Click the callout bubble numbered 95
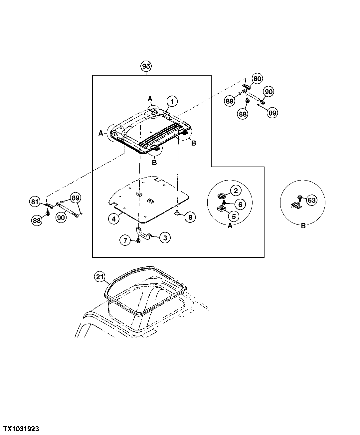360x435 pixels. (146, 66)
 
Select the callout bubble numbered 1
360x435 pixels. (172, 101)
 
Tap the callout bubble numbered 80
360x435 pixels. (257, 79)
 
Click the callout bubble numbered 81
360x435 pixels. (35, 202)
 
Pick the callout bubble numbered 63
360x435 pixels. (311, 200)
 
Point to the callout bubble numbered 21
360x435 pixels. (99, 276)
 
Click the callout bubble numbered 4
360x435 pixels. (114, 219)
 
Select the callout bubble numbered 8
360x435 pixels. (190, 217)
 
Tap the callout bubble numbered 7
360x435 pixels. (125, 240)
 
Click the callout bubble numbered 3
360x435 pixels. (165, 237)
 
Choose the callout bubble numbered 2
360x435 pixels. (236, 191)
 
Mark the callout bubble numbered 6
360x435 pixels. (240, 204)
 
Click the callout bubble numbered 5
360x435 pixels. (234, 216)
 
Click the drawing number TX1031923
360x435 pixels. (21, 428)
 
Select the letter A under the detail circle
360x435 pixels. (230, 225)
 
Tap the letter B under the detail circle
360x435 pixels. (303, 226)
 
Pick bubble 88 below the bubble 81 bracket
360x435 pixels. (37, 220)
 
